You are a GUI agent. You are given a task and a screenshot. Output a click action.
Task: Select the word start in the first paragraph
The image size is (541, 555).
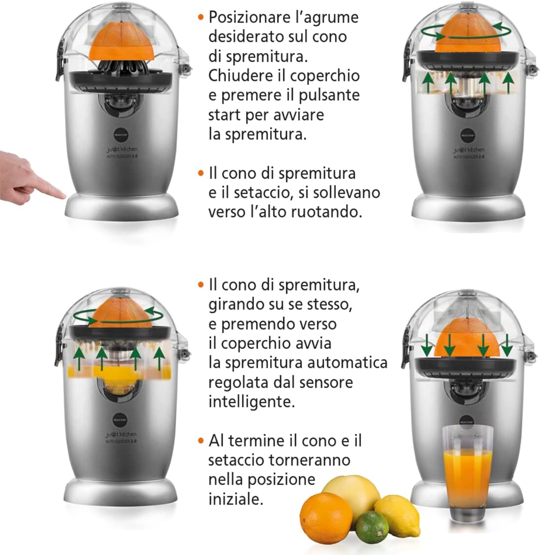[224, 115]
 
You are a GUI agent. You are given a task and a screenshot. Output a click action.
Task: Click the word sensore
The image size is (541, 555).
[323, 382]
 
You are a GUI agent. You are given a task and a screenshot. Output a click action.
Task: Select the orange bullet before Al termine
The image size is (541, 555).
[200, 441]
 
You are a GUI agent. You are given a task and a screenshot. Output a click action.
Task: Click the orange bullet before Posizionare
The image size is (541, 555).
[200, 18]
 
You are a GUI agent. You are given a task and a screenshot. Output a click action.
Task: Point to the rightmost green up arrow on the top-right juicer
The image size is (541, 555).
[509, 82]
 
